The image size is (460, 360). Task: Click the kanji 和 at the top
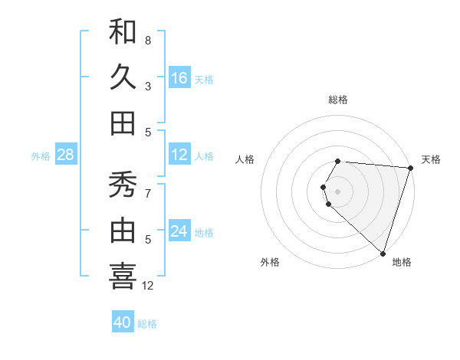click(123, 31)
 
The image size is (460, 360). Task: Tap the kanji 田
click(123, 123)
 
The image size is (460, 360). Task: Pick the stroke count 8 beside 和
click(148, 40)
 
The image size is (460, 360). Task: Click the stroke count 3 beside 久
click(148, 86)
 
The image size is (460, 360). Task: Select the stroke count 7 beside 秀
click(148, 193)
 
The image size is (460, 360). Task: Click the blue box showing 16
click(179, 77)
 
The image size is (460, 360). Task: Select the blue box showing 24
click(179, 231)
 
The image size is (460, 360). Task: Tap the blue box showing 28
click(66, 155)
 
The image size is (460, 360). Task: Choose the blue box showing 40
click(123, 322)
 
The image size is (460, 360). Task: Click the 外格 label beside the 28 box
click(41, 156)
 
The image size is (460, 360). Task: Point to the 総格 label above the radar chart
click(338, 100)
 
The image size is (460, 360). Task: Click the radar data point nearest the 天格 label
click(409, 168)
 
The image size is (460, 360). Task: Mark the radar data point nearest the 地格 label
click(383, 253)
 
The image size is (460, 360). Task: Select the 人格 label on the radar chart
click(245, 159)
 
